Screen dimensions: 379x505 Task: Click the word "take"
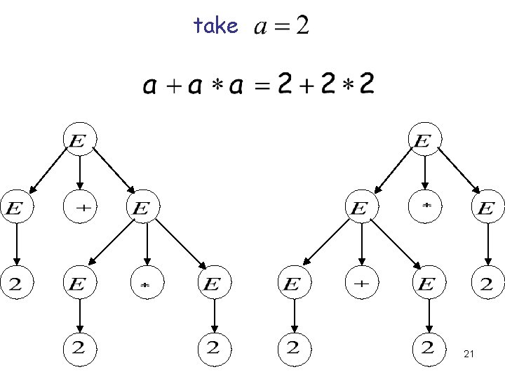click(216, 27)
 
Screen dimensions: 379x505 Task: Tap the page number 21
click(469, 356)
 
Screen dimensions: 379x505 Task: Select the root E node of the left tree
click(79, 141)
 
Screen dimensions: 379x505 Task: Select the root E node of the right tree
click(423, 141)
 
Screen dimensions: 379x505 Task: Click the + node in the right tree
click(361, 283)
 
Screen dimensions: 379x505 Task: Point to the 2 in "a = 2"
click(302, 27)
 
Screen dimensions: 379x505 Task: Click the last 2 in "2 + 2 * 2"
click(366, 86)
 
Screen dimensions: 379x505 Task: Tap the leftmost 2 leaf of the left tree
click(15, 283)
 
